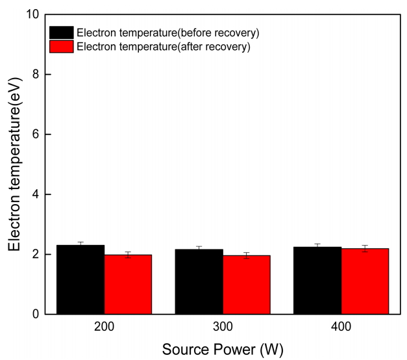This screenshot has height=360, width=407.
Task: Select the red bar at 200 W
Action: pos(128,285)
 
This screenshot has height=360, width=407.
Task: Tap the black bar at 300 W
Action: pos(199,282)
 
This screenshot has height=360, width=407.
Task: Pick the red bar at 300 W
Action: pos(247,285)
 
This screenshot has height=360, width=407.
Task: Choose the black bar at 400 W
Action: pos(317,281)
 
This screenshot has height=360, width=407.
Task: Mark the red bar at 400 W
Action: pos(365,281)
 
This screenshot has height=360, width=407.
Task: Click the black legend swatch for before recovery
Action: pos(62,32)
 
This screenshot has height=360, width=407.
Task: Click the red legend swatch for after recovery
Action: pos(62,46)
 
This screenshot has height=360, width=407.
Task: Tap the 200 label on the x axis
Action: pos(105,328)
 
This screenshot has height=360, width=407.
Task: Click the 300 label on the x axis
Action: pos(223,328)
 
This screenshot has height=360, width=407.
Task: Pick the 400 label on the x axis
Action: pos(341,328)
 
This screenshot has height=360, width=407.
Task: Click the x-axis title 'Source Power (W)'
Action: pos(223,349)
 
